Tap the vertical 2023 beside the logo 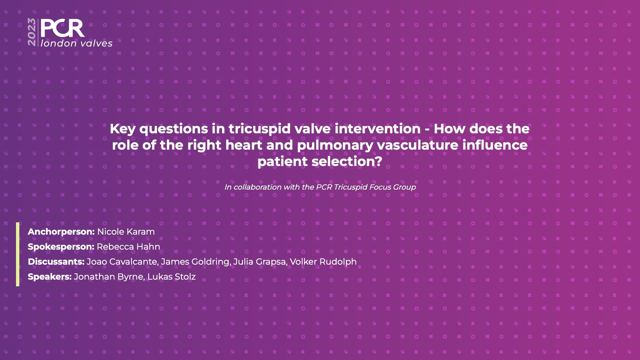tap(32, 32)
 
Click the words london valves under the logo tap(77, 43)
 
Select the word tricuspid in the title tap(259, 129)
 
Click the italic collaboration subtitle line tap(320, 187)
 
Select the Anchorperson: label tap(61, 232)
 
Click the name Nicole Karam tap(126, 232)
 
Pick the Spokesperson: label tap(61, 247)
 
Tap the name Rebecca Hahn tap(128, 247)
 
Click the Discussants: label tap(56, 262)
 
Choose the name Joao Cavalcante tap(122, 262)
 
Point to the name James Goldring tap(195, 262)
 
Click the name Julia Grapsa tap(259, 262)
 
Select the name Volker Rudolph tap(323, 262)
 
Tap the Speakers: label tap(50, 277)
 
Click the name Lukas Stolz tap(171, 277)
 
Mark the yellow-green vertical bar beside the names tap(18, 254)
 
